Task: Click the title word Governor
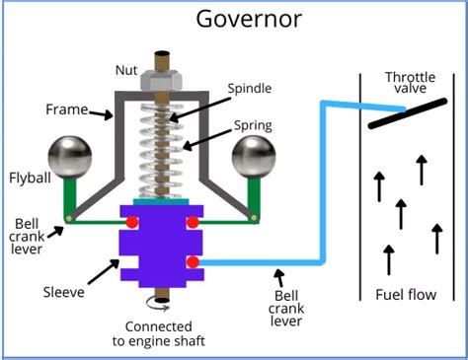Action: (234, 20)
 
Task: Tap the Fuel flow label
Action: (407, 295)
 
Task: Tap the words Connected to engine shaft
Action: (165, 333)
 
